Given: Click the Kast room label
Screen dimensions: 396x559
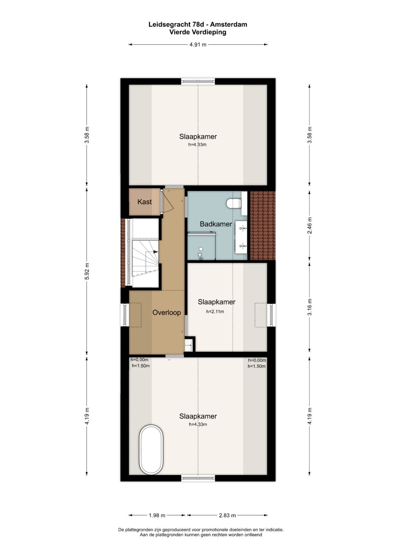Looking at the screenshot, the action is tap(144, 202).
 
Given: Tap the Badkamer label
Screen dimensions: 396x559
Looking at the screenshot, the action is tap(216, 224).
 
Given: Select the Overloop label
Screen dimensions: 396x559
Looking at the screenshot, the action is tap(166, 312).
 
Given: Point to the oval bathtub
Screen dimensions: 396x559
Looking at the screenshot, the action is tap(151, 450).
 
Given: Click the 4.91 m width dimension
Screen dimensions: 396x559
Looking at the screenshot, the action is tap(198, 45).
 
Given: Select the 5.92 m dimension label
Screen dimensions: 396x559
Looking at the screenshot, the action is tap(87, 271).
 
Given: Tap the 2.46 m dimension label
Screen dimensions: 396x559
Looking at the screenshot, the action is tap(310, 226).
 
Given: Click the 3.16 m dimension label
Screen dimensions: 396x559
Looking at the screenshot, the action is tap(310, 307).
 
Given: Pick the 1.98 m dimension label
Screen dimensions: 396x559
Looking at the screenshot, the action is tap(157, 515).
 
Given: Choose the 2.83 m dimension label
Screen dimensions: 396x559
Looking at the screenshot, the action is tap(227, 515).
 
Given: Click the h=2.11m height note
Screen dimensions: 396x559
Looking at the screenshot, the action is tap(215, 312).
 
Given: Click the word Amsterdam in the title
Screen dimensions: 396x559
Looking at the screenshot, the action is tap(228, 25).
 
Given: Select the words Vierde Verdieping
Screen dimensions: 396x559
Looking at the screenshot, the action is tap(198, 32).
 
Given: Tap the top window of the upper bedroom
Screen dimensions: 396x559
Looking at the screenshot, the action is tap(198, 81).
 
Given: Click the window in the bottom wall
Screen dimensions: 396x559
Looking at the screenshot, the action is tap(198, 478).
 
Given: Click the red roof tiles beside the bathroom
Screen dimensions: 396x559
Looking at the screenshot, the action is tap(263, 226).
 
